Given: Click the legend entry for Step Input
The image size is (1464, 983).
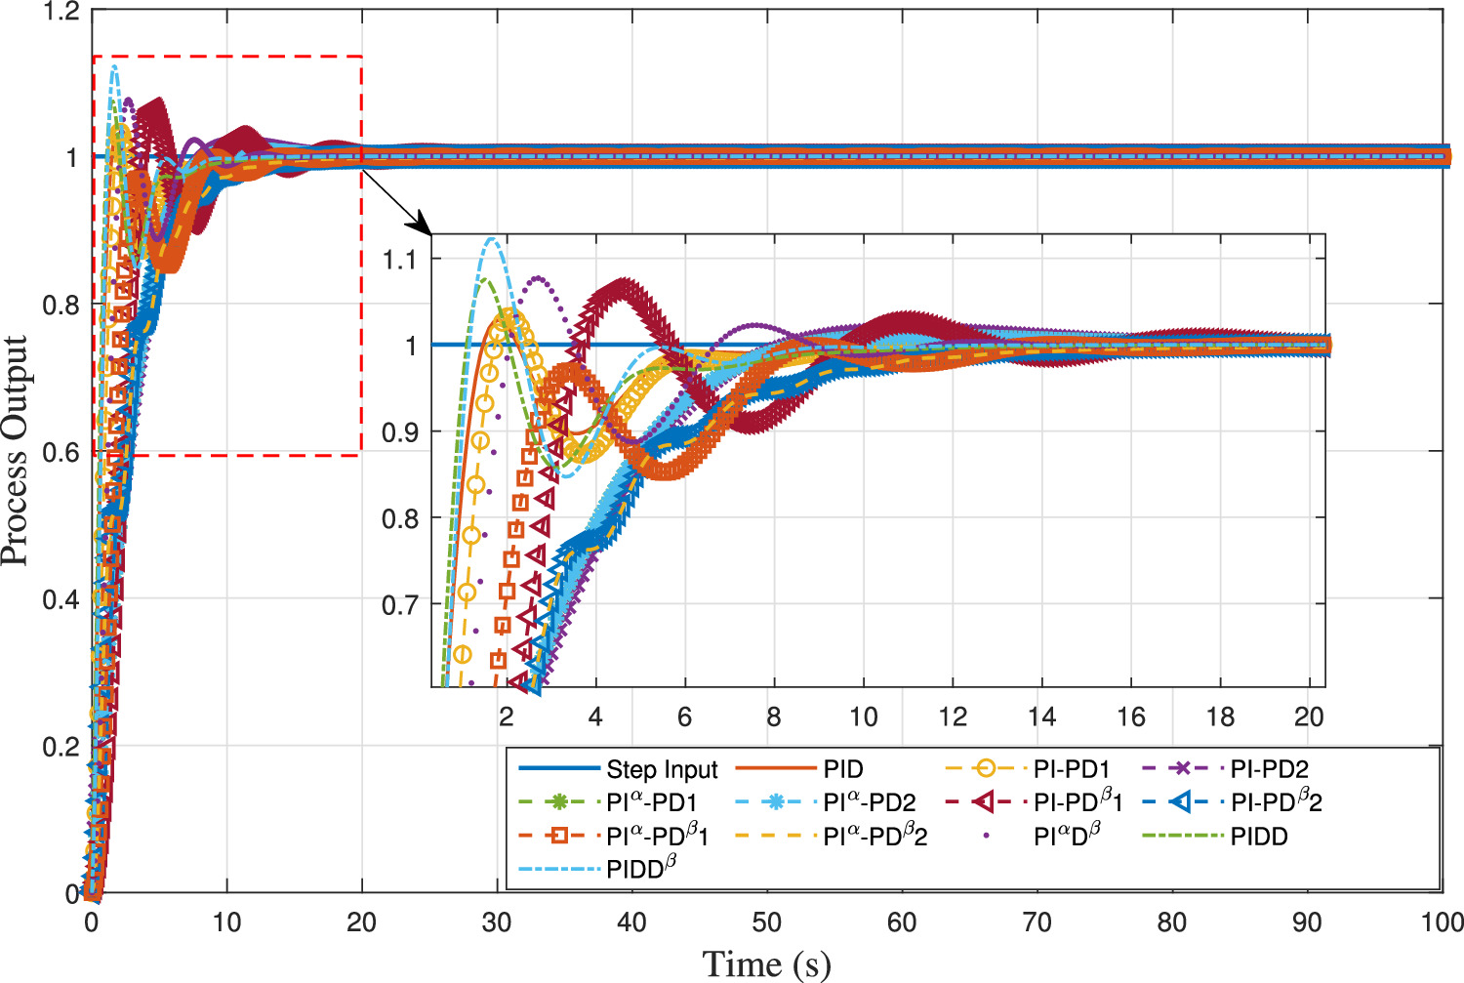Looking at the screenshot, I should (661, 770).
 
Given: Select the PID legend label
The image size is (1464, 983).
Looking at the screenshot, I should (842, 770).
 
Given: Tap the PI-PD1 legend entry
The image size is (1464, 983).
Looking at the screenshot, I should (1071, 770).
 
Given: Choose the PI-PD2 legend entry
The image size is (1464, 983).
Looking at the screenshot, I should (1269, 770).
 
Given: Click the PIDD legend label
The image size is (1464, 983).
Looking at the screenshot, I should (1258, 837).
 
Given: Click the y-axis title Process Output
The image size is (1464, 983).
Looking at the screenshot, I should (16, 451).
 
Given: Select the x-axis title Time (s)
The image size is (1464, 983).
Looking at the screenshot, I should (766, 964).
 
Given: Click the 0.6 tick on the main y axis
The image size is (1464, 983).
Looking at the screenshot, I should (61, 453).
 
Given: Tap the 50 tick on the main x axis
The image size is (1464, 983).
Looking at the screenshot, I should (766, 922).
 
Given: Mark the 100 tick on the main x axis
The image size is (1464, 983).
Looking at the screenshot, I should (1442, 922).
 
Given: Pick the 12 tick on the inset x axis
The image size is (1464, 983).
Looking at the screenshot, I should (953, 717).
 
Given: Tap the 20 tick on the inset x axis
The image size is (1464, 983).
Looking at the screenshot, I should (1309, 717).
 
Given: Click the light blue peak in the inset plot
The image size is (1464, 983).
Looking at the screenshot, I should (492, 239).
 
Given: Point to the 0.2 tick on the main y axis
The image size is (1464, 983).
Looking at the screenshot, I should (61, 747).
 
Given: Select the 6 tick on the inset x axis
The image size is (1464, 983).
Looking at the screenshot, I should (684, 717).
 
